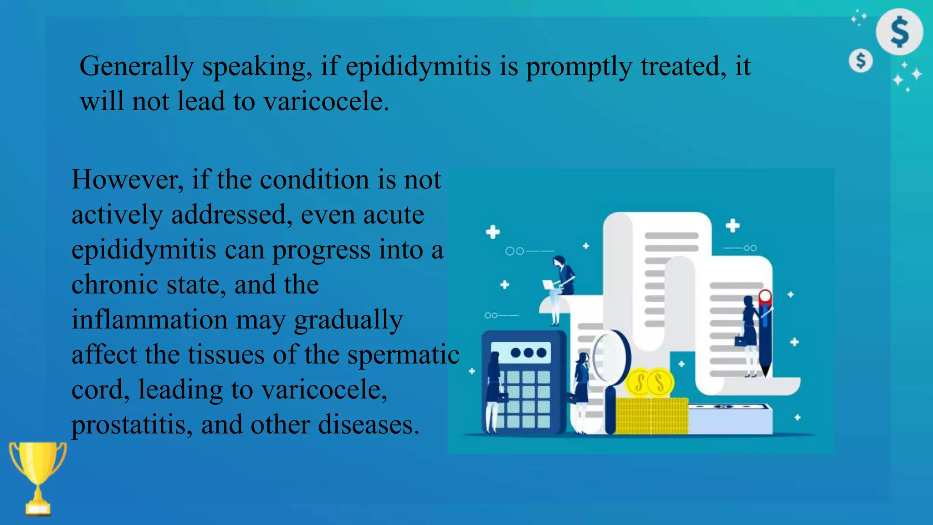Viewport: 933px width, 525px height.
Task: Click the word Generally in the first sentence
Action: point(136,67)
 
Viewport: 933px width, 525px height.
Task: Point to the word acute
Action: point(394,215)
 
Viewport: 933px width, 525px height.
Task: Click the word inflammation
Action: point(149,319)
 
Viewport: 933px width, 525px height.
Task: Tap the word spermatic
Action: point(403,355)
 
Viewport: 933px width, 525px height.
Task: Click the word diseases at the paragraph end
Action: point(368,425)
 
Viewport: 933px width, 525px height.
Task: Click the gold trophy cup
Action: point(38,474)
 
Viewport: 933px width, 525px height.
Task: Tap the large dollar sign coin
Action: point(899,31)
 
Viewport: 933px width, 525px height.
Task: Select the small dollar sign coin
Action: point(861,61)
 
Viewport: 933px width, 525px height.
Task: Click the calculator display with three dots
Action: point(527,353)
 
